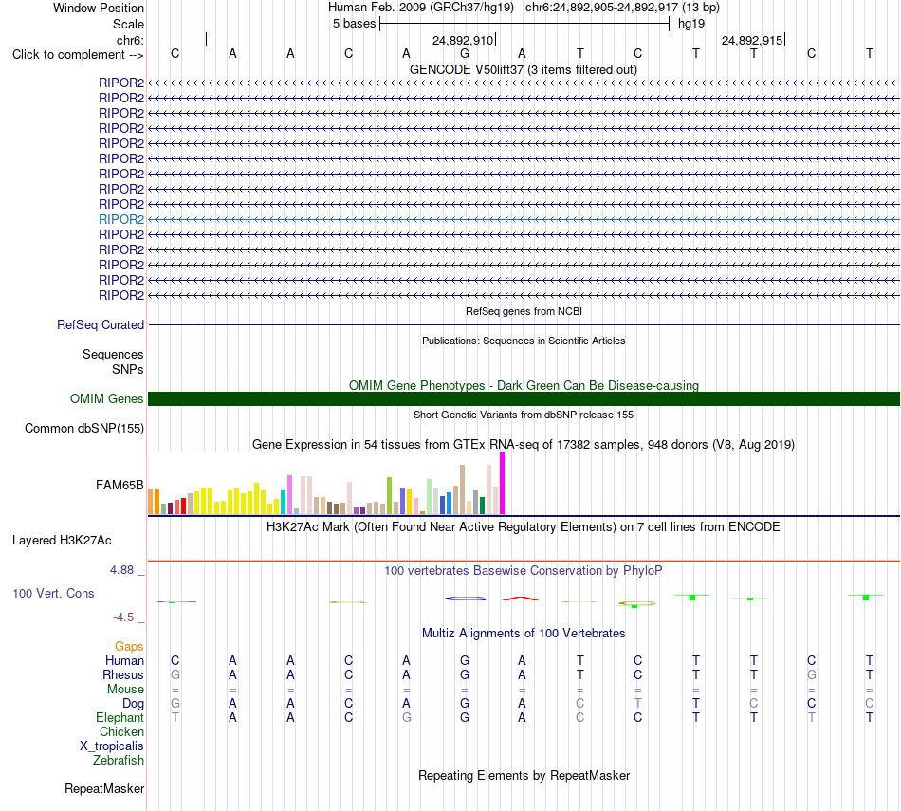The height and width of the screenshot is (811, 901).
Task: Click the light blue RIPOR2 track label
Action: tap(121, 219)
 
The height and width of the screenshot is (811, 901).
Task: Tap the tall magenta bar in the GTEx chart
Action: tap(503, 483)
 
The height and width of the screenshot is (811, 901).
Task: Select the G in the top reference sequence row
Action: tap(465, 54)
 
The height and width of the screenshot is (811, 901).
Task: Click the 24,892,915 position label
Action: tap(752, 40)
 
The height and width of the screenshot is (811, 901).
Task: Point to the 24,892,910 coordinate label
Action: tap(463, 40)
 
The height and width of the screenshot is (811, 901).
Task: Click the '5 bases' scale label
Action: tap(354, 24)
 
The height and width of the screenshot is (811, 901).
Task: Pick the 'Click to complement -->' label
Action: tap(78, 55)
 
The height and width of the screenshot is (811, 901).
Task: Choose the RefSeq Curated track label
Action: tap(101, 324)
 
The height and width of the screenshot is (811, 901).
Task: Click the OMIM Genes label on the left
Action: tap(107, 399)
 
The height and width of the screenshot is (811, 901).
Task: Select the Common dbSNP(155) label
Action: tap(84, 428)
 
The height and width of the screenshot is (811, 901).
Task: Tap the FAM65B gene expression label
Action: tap(120, 485)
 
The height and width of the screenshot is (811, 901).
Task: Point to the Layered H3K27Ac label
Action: tap(62, 541)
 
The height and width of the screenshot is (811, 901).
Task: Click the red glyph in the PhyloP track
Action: tap(521, 599)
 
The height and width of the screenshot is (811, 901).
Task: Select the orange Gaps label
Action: tap(129, 647)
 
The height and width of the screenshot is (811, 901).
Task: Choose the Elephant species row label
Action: tap(120, 717)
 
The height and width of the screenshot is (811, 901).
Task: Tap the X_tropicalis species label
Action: tap(112, 746)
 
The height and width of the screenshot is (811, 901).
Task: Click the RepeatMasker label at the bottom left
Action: tap(104, 788)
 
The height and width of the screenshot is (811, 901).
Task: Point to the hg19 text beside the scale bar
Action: tap(691, 24)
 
